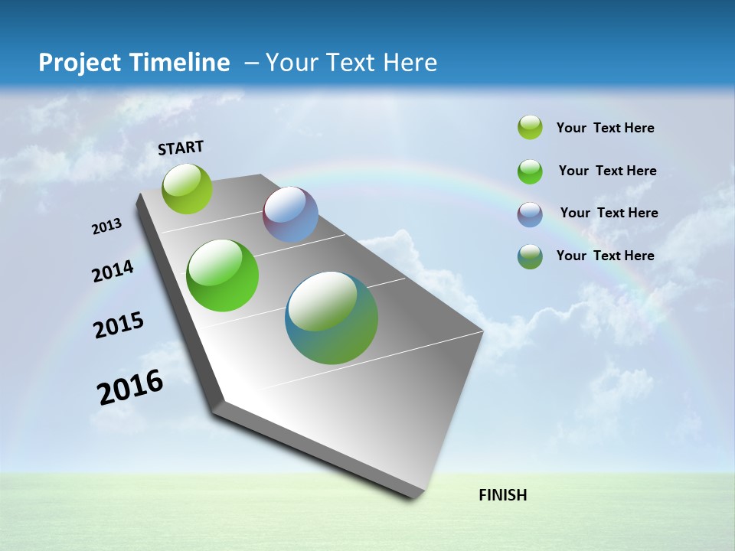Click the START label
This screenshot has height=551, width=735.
point(181,148)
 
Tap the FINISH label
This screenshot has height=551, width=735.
point(502,495)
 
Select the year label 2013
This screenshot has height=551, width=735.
point(107,227)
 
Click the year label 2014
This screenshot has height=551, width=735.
point(113,271)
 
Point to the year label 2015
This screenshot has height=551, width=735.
point(119,325)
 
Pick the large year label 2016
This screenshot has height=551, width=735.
point(130,387)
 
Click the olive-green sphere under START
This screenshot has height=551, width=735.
point(188,188)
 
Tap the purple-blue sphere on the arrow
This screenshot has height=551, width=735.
point(290,214)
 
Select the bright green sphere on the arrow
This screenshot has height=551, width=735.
point(222,275)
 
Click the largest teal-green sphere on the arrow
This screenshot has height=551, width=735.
point(332,318)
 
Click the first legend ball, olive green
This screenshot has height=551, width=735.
point(530,128)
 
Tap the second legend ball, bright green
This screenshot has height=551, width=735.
point(530,171)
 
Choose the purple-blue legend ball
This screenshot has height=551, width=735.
point(530,214)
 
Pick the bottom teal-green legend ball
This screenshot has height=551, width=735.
point(530,256)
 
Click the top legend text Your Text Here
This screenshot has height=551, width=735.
point(605,129)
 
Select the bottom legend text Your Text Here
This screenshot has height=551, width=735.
point(605,256)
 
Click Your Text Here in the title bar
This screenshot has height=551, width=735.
point(351,63)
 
